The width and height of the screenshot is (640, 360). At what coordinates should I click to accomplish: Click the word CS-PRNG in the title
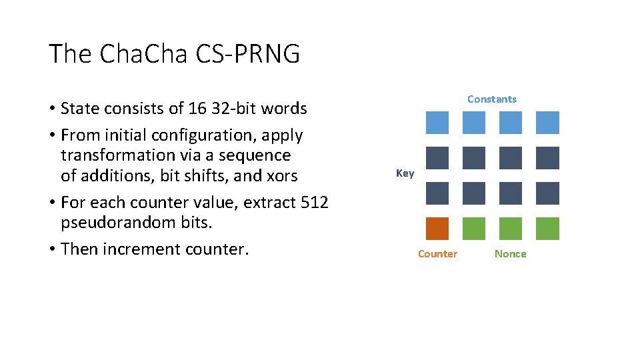pos(248,53)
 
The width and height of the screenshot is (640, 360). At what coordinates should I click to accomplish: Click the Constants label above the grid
pos(492,99)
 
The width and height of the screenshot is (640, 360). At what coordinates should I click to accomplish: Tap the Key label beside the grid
pos(405,173)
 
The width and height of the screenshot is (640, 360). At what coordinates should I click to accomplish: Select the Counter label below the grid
pos(437,253)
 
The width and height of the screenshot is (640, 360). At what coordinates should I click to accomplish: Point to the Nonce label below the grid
pos(511,253)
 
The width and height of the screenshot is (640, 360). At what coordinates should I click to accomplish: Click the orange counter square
pos(437,229)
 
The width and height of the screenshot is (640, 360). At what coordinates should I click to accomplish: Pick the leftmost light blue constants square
pos(437,123)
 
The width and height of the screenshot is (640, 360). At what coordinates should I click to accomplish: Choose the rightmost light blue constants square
pos(547,123)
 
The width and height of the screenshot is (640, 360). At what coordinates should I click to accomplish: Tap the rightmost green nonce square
pos(547,229)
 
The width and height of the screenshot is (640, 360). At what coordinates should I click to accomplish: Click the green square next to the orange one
pos(474,229)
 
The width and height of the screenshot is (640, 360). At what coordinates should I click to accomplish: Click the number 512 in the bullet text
pos(315,202)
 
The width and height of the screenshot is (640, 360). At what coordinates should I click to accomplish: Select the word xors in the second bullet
pos(283,176)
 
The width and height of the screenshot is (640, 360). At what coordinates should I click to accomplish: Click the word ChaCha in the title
pos(143,53)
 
